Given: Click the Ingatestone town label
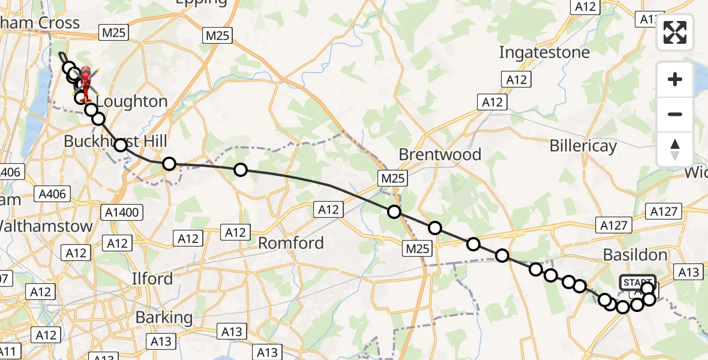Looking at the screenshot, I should point(544,53).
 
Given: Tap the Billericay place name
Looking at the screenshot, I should point(583,146).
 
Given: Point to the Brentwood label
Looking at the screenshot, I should point(440,154).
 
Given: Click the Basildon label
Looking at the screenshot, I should point(641,255).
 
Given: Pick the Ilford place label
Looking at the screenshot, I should point(152,279).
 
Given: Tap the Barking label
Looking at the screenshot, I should point(163,317).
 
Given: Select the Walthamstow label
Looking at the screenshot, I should point(46,226).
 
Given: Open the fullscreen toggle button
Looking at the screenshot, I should point(675,32).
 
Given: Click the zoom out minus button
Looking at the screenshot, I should point(675,114).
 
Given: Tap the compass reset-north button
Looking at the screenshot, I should point(675,149).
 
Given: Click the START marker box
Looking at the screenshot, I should point(637,282).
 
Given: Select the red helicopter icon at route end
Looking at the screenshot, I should point(85,79).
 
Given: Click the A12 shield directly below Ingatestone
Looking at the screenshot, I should point(515,79).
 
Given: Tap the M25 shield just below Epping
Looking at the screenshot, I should point(217,35).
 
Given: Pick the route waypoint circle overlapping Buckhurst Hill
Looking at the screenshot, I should point(121,145).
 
